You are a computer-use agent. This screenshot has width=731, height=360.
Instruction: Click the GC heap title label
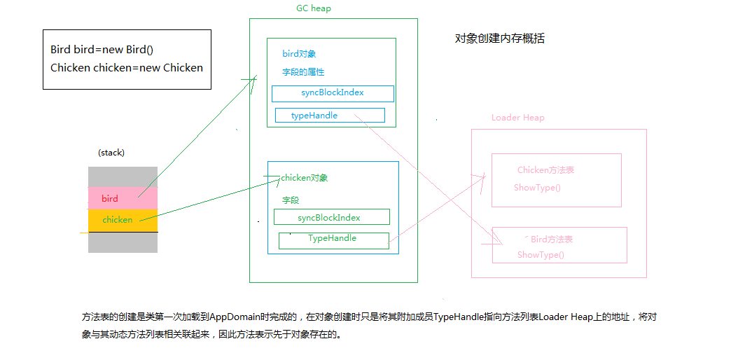pyautogui.click(x=314, y=8)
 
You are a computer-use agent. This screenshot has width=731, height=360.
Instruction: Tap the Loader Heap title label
pyautogui.click(x=517, y=118)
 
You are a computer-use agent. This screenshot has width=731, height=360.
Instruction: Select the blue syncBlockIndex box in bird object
pyautogui.click(x=333, y=93)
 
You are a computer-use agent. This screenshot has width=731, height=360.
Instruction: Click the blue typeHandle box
pyautogui.click(x=330, y=116)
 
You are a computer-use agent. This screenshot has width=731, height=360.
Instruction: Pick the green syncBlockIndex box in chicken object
pyautogui.click(x=332, y=218)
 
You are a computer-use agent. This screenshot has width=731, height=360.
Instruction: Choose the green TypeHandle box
pyautogui.click(x=333, y=240)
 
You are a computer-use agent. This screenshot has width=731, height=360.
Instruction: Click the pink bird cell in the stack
pyautogui.click(x=123, y=198)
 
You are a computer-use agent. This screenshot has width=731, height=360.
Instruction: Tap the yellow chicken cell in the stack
pyautogui.click(x=123, y=220)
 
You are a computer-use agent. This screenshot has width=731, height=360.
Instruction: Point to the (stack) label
pyautogui.click(x=111, y=152)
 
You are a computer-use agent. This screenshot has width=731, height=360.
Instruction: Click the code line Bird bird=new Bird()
pyautogui.click(x=102, y=50)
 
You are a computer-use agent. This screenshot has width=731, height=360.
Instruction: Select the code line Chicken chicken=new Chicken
pyautogui.click(x=127, y=68)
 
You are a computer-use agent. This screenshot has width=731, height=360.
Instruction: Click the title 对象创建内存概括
pyautogui.click(x=499, y=39)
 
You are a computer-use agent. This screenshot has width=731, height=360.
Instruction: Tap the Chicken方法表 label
pyautogui.click(x=545, y=170)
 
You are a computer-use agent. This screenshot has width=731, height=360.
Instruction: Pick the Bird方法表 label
pyautogui.click(x=551, y=240)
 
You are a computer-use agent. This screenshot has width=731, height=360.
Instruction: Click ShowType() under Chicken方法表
pyautogui.click(x=537, y=188)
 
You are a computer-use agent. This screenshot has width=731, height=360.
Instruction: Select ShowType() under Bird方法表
pyautogui.click(x=541, y=255)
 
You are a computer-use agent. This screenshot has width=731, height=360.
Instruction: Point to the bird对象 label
pyautogui.click(x=300, y=54)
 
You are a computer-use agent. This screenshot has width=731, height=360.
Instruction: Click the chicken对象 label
pyautogui.click(x=305, y=178)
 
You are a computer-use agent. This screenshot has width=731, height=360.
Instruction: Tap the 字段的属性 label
pyautogui.click(x=303, y=72)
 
